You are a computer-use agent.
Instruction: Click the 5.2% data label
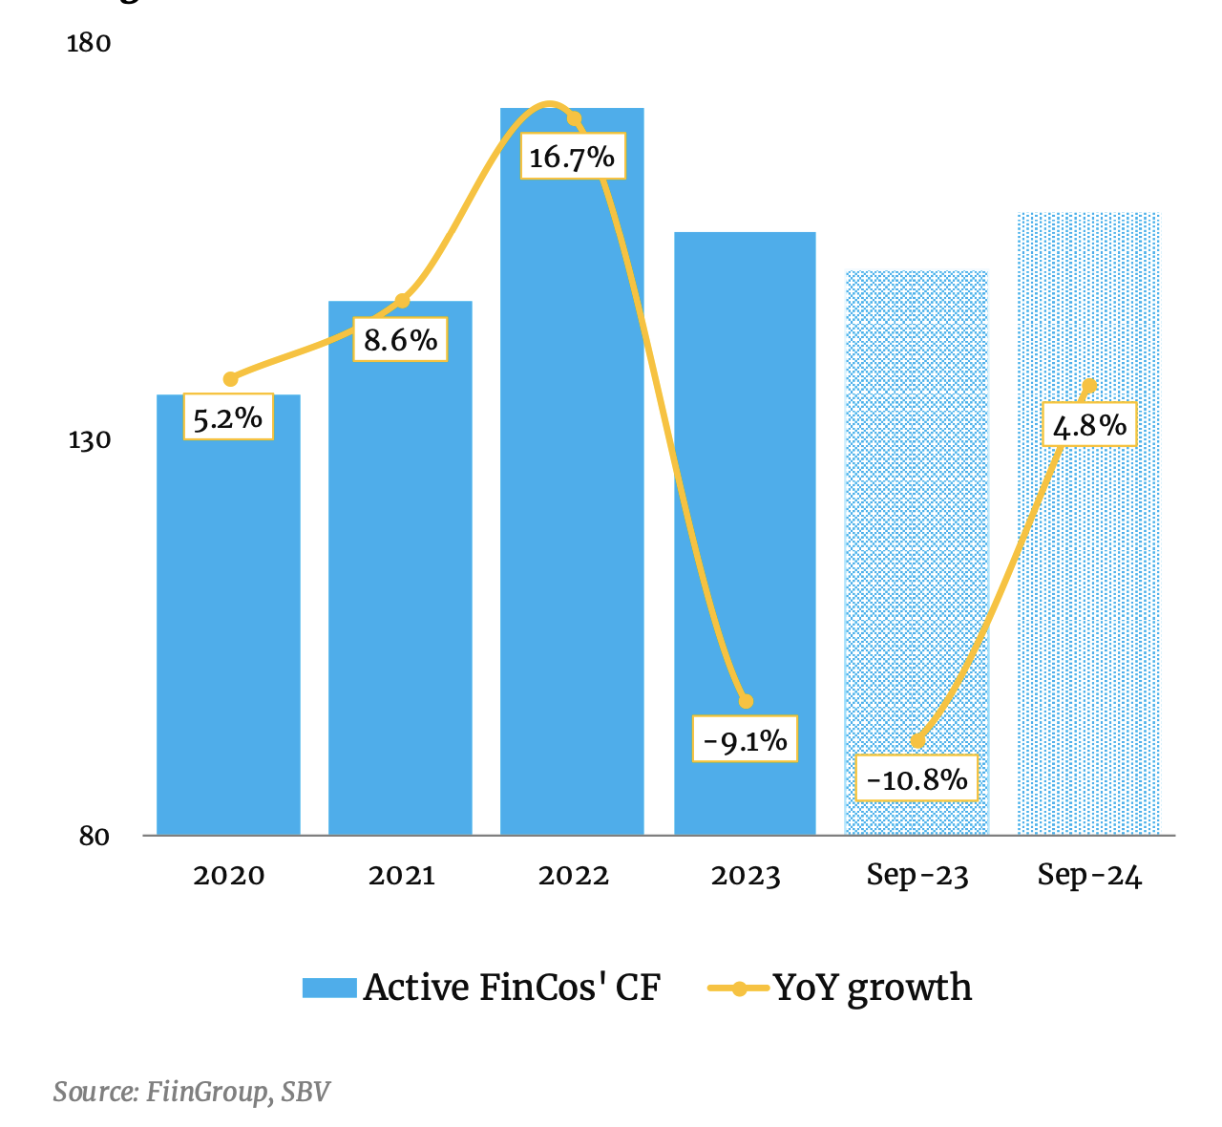click(x=228, y=417)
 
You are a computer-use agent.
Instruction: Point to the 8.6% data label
click(x=400, y=339)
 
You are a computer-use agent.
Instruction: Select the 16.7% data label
click(x=572, y=157)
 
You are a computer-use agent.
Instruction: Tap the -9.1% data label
click(x=745, y=740)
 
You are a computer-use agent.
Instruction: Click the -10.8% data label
click(x=917, y=779)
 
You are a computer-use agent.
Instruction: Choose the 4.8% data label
click(x=1089, y=424)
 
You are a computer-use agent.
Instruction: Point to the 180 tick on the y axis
click(x=89, y=44)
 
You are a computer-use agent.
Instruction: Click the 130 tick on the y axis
click(x=89, y=440)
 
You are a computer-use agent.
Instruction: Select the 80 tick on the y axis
click(x=94, y=837)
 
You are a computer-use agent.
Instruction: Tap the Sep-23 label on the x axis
click(x=917, y=876)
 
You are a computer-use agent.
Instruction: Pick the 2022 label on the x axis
click(x=573, y=876)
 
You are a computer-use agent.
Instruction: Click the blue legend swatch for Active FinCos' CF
click(x=329, y=988)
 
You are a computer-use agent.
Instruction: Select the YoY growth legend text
click(x=873, y=988)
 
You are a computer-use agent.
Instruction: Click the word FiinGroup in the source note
click(x=207, y=1092)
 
